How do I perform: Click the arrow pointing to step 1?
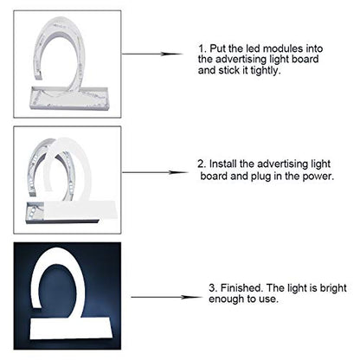[152, 54]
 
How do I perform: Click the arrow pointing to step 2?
[155, 172]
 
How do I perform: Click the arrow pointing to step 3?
[167, 297]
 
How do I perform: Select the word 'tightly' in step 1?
[264, 70]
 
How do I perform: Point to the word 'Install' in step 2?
[222, 164]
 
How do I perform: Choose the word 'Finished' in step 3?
[241, 288]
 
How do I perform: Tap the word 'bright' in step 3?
[333, 288]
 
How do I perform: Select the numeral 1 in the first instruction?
[201, 48]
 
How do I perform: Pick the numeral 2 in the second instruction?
[201, 164]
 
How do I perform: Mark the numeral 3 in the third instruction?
[212, 288]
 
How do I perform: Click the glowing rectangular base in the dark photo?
[71, 328]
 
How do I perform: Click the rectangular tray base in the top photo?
[68, 98]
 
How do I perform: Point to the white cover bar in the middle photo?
[80, 209]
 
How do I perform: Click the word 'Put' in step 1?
[217, 48]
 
